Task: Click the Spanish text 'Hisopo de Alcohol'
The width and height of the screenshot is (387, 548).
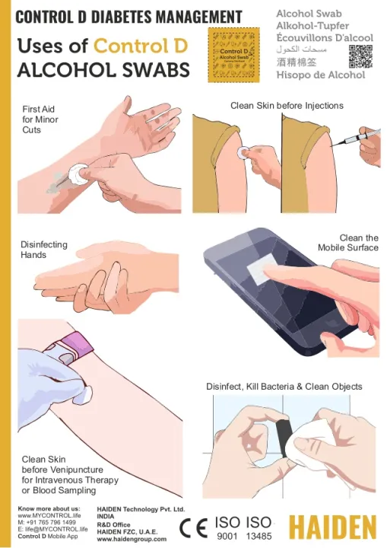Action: [319, 75]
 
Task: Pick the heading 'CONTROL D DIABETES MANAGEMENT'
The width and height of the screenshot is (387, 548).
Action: [129, 17]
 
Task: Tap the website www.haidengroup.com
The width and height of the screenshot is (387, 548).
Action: [132, 539]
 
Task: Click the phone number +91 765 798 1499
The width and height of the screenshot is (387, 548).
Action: [46, 522]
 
